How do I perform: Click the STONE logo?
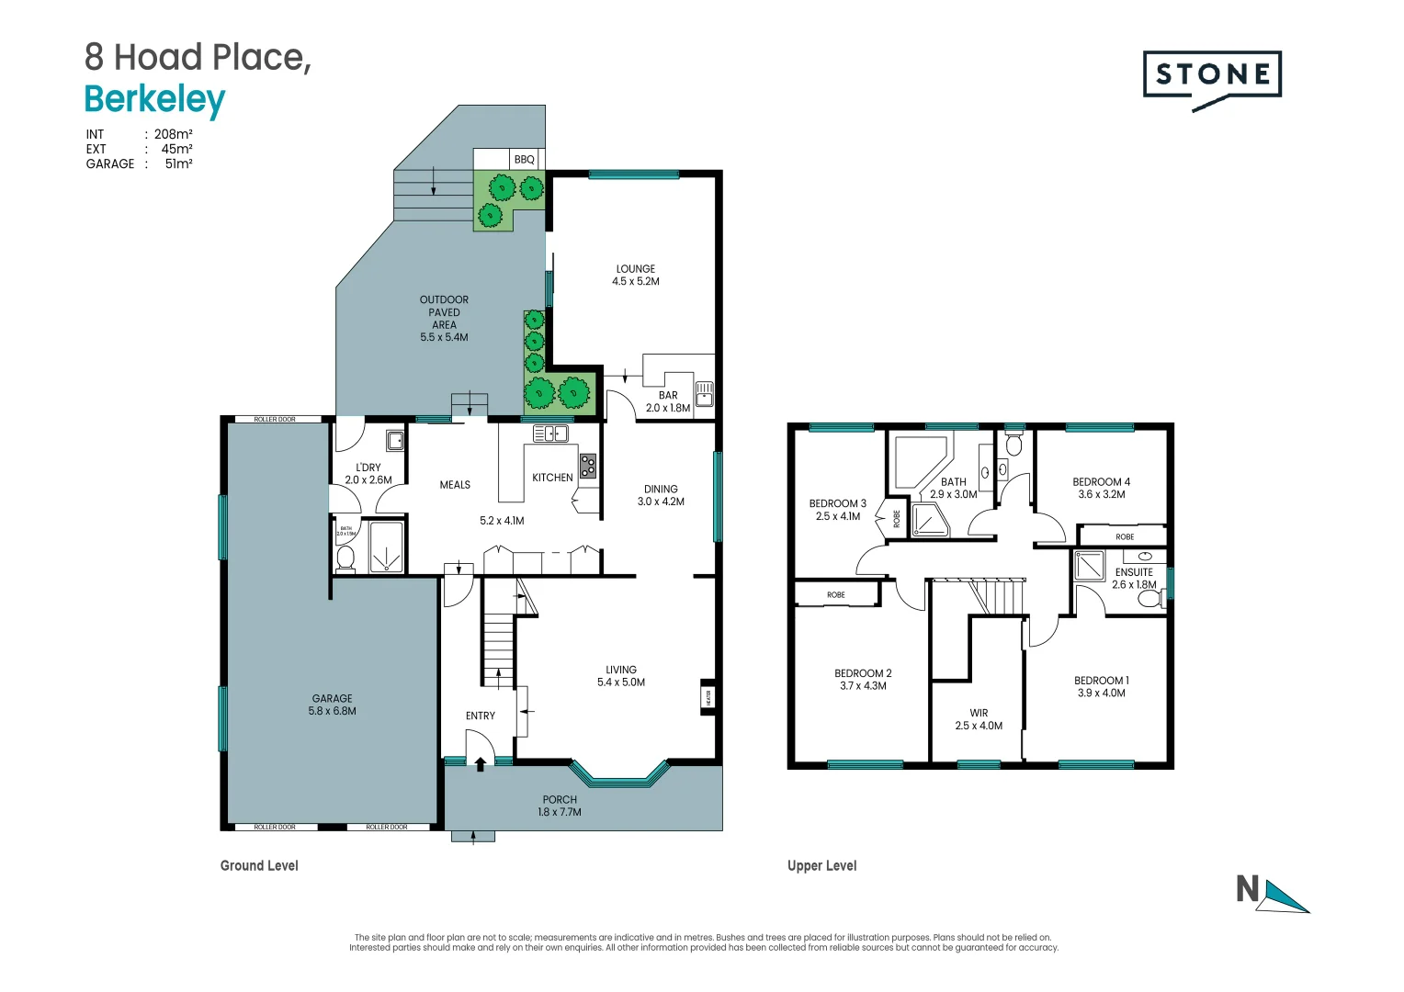click(1212, 75)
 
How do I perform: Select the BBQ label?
click(524, 160)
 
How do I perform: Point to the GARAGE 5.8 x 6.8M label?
click(332, 705)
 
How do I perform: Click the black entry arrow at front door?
click(480, 762)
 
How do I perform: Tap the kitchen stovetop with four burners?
click(587, 465)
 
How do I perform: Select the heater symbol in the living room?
click(708, 697)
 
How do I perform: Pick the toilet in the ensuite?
click(1149, 599)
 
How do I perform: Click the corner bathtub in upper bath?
click(920, 465)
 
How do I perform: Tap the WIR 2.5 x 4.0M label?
click(979, 719)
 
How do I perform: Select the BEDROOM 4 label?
click(1101, 481)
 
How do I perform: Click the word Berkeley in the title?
click(154, 99)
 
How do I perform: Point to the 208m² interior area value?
click(173, 134)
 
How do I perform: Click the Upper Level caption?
click(821, 865)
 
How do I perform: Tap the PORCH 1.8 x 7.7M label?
click(560, 806)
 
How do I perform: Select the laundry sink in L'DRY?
click(395, 441)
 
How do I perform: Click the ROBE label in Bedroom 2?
click(835, 595)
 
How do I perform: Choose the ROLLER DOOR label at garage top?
click(275, 420)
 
